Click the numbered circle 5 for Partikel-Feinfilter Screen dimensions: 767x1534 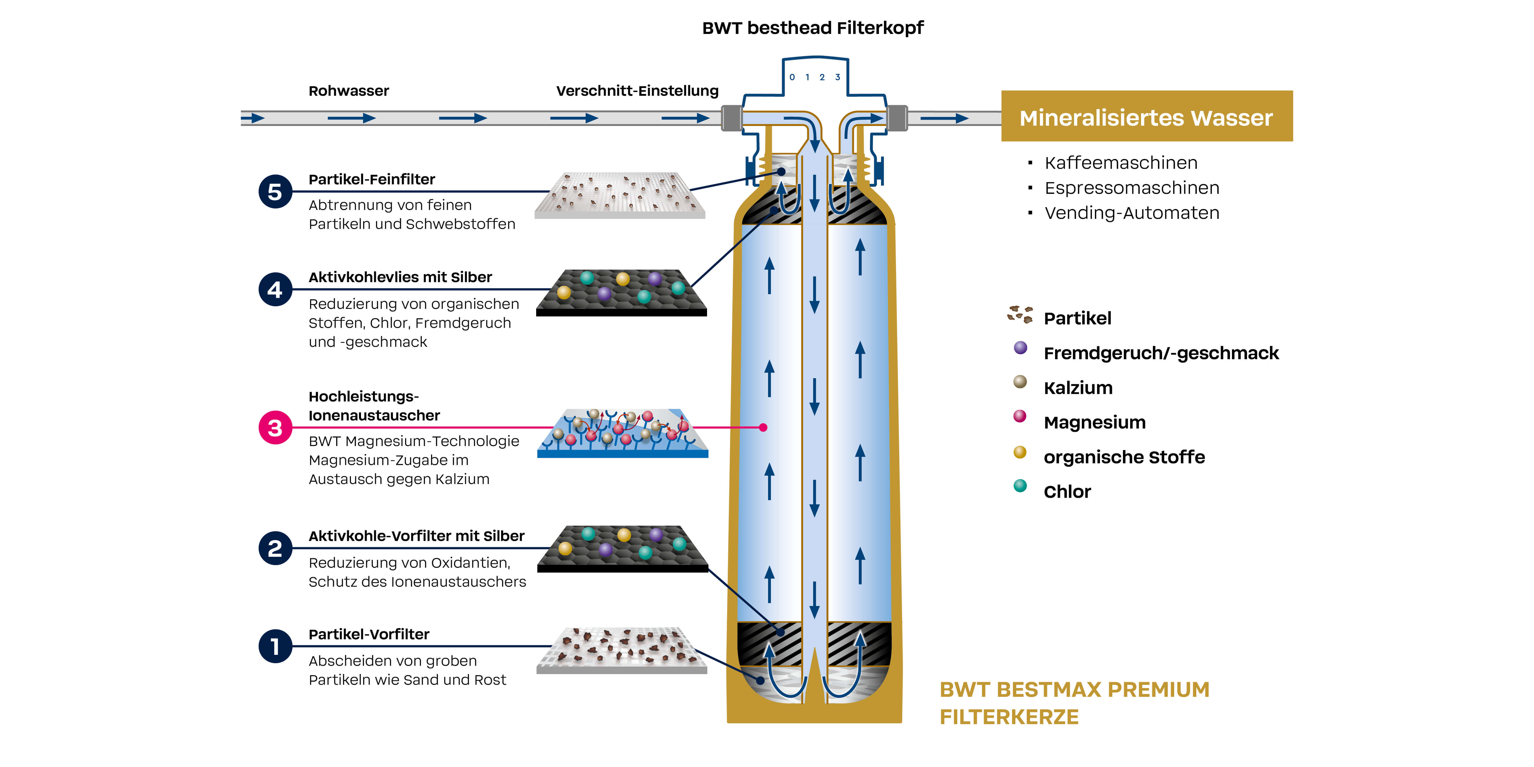tap(274, 192)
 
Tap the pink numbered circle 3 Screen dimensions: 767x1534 tap(274, 428)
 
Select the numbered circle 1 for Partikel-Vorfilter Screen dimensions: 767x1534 tap(274, 646)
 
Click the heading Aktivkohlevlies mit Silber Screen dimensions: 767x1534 tap(400, 278)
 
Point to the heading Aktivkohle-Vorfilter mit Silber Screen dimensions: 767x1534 tap(416, 536)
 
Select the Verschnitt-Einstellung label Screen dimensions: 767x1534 tap(637, 91)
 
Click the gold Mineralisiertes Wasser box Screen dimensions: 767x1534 tap(1146, 117)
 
